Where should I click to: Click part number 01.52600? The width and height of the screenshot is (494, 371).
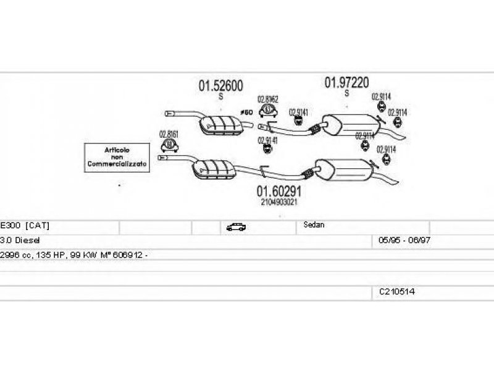click(x=220, y=87)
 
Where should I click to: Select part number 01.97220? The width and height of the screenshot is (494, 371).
click(x=347, y=82)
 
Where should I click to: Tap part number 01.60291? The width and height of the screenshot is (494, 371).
click(x=278, y=191)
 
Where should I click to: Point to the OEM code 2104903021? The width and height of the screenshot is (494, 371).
click(x=278, y=202)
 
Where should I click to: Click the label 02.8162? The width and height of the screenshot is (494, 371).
click(x=267, y=99)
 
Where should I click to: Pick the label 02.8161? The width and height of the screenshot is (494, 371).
click(x=169, y=134)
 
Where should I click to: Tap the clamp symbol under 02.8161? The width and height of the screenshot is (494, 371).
click(x=169, y=146)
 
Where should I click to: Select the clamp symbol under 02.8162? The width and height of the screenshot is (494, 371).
click(x=267, y=111)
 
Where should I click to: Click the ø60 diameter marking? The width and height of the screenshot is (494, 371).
click(x=246, y=112)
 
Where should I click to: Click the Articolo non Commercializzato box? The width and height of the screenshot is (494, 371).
click(x=117, y=158)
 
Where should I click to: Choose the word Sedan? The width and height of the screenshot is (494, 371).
click(x=314, y=225)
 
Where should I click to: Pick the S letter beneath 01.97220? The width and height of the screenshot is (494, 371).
click(x=346, y=93)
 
